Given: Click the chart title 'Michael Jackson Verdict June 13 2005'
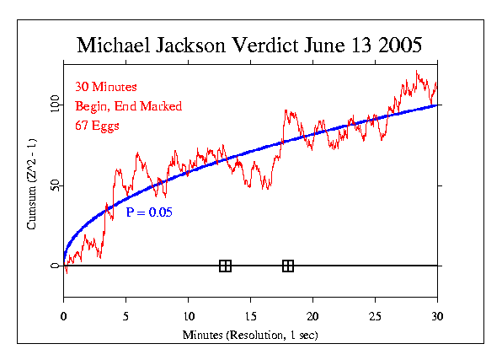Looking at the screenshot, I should (x=250, y=45).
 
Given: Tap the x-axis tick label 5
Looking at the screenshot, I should (x=125, y=316).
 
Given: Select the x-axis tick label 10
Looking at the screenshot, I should (x=188, y=316).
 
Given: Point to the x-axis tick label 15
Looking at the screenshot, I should (x=250, y=316).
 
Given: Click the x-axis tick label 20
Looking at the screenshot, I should (x=312, y=316).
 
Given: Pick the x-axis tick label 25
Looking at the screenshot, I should (x=375, y=316).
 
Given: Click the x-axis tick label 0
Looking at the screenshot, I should (x=64, y=316).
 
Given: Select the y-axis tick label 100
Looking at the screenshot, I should (x=55, y=104).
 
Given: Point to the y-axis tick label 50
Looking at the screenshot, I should (x=55, y=185).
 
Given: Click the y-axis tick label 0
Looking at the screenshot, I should (x=55, y=266).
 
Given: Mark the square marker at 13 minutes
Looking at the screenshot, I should (x=225, y=266).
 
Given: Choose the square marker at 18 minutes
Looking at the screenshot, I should (x=288, y=266).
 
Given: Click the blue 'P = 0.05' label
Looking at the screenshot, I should (x=149, y=213).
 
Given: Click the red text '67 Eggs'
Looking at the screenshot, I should (x=98, y=126).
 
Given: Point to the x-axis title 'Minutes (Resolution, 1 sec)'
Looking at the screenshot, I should (x=250, y=336).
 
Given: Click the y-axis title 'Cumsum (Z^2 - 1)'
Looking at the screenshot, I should (x=31, y=185).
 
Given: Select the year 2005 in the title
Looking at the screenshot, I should (x=398, y=45).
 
